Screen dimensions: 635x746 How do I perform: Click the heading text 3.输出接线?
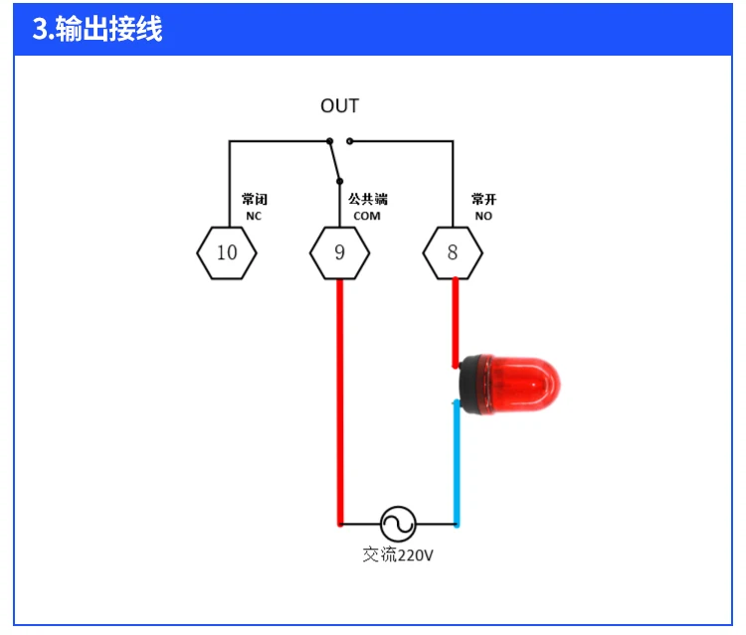96,29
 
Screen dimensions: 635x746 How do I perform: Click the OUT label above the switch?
339,106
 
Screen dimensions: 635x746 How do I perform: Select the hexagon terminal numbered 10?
227,252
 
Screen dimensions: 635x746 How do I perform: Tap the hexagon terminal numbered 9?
339,252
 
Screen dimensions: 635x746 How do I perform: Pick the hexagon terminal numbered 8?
453,252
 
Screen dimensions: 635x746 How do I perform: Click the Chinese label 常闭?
254,200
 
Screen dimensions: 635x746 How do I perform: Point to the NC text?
254,216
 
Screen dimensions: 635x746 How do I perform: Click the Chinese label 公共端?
367,200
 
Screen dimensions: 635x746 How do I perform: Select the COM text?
367,216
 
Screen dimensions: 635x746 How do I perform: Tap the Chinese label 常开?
483,200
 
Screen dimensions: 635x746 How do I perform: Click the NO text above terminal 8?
483,216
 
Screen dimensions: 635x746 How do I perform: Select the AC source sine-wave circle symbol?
398,523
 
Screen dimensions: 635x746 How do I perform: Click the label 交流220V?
398,556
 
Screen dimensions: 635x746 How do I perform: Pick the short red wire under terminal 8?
455,318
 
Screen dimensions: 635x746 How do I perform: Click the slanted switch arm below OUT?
334,161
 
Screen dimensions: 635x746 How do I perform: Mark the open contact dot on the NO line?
349,141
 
